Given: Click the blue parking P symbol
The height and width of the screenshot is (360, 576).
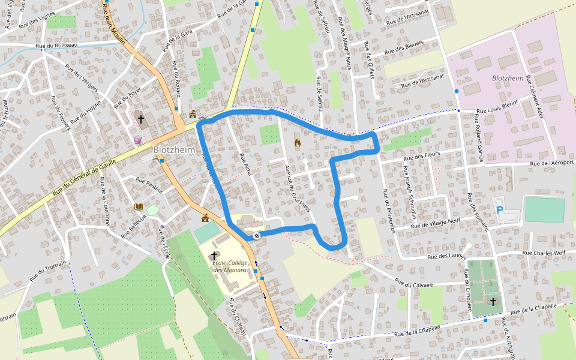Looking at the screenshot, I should (500, 210).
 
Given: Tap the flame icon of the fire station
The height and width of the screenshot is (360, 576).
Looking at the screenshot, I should (297, 143).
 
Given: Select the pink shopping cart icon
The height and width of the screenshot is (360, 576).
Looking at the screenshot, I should (138, 141).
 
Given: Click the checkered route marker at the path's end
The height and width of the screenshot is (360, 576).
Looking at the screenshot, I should (256, 235).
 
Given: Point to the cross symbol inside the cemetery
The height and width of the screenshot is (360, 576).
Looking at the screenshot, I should (493, 301).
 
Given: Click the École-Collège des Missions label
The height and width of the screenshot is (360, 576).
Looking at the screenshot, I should (229, 266).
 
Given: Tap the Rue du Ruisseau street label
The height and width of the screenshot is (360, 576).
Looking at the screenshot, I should (57, 46).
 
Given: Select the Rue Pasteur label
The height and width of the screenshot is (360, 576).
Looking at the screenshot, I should (149, 183).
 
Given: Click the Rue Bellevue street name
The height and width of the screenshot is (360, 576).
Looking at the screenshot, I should (134, 227).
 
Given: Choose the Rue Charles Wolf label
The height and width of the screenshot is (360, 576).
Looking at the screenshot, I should (544, 253).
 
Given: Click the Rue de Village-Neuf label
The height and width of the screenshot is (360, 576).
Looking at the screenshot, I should (436, 224).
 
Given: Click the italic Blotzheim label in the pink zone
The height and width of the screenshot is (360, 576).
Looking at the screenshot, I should (508, 78).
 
